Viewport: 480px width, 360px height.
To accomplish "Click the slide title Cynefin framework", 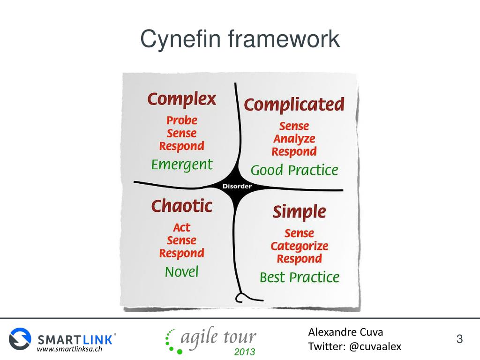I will coord(240,39).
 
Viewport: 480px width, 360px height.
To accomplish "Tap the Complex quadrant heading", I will coord(182,99).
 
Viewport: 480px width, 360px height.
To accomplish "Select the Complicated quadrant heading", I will coord(294,105).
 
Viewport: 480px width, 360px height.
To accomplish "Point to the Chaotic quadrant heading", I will coord(182,206).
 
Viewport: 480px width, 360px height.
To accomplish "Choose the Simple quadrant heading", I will coord(299,212).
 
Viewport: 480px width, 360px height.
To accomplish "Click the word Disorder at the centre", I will coord(237,186).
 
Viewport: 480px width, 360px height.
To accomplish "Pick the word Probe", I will coord(182,120).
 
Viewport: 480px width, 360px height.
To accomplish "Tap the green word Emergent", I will coord(182,165).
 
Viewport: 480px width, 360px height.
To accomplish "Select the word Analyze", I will coord(294,139).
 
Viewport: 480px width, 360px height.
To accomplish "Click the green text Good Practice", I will coord(294,170).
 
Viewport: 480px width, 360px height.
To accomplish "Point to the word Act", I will coord(182,228).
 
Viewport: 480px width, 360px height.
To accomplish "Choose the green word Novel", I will coord(182,272).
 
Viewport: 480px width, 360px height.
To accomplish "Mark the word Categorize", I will coord(300,246).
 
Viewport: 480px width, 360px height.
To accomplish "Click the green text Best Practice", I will coord(300,277).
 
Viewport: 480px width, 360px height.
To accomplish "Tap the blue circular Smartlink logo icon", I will coord(20,338).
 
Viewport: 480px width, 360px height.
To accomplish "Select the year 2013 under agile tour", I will coord(244,352).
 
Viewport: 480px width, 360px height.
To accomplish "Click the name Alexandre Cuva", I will coord(345,332).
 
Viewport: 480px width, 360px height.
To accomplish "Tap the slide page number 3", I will coord(459,339).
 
